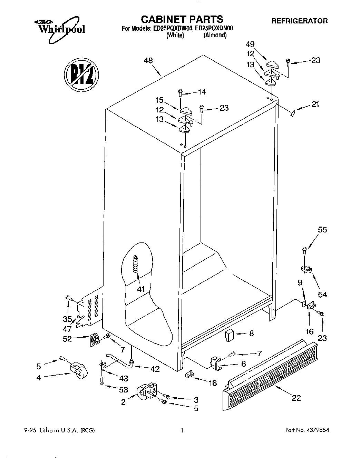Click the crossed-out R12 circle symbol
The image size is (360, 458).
[81, 75]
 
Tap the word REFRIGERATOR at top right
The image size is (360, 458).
[299, 21]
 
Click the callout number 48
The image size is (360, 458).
[148, 61]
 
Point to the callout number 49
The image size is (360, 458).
[250, 44]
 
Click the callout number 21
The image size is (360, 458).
[315, 104]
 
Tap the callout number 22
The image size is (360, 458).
[296, 398]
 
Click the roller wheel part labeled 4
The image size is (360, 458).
[78, 371]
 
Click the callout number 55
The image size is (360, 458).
[322, 230]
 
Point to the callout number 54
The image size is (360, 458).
[322, 295]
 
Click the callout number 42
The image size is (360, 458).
[155, 369]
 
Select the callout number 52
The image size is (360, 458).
[67, 339]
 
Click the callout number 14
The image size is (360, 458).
[202, 92]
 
